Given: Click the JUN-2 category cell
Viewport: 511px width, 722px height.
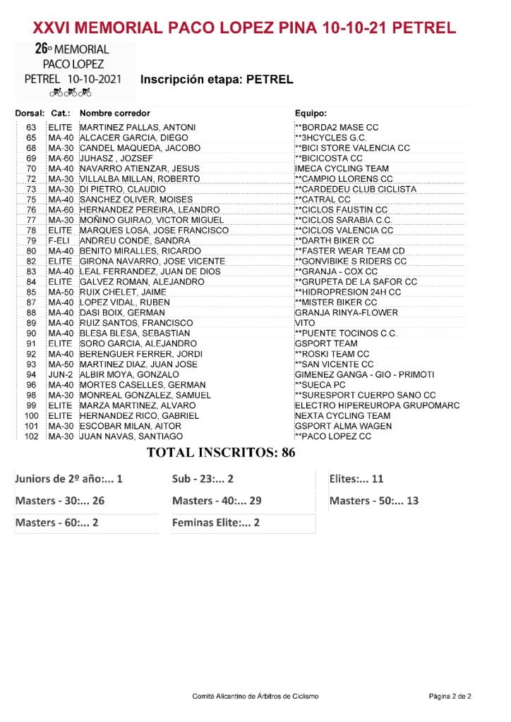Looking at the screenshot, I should (x=61, y=375).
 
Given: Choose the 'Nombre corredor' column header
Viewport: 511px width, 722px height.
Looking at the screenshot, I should (x=115, y=114).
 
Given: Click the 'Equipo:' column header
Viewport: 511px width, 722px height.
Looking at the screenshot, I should (x=311, y=114).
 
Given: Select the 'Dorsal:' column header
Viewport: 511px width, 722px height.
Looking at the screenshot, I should (x=30, y=114).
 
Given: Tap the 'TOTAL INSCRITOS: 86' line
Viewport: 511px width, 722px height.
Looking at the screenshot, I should (x=220, y=453).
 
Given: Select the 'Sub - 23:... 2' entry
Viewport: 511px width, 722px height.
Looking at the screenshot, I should (x=203, y=479).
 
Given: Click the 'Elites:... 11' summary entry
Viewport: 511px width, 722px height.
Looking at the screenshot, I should (x=356, y=479).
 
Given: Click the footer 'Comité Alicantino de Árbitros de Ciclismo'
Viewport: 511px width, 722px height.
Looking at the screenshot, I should (x=255, y=697).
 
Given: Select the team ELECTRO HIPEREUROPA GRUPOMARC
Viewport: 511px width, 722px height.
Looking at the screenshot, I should (x=377, y=406).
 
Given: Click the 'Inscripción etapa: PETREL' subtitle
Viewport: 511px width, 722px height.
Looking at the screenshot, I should (x=217, y=80).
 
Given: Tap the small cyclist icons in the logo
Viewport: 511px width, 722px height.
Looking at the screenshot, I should (x=71, y=93).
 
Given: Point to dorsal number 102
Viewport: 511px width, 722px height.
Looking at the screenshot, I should (x=31, y=437).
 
